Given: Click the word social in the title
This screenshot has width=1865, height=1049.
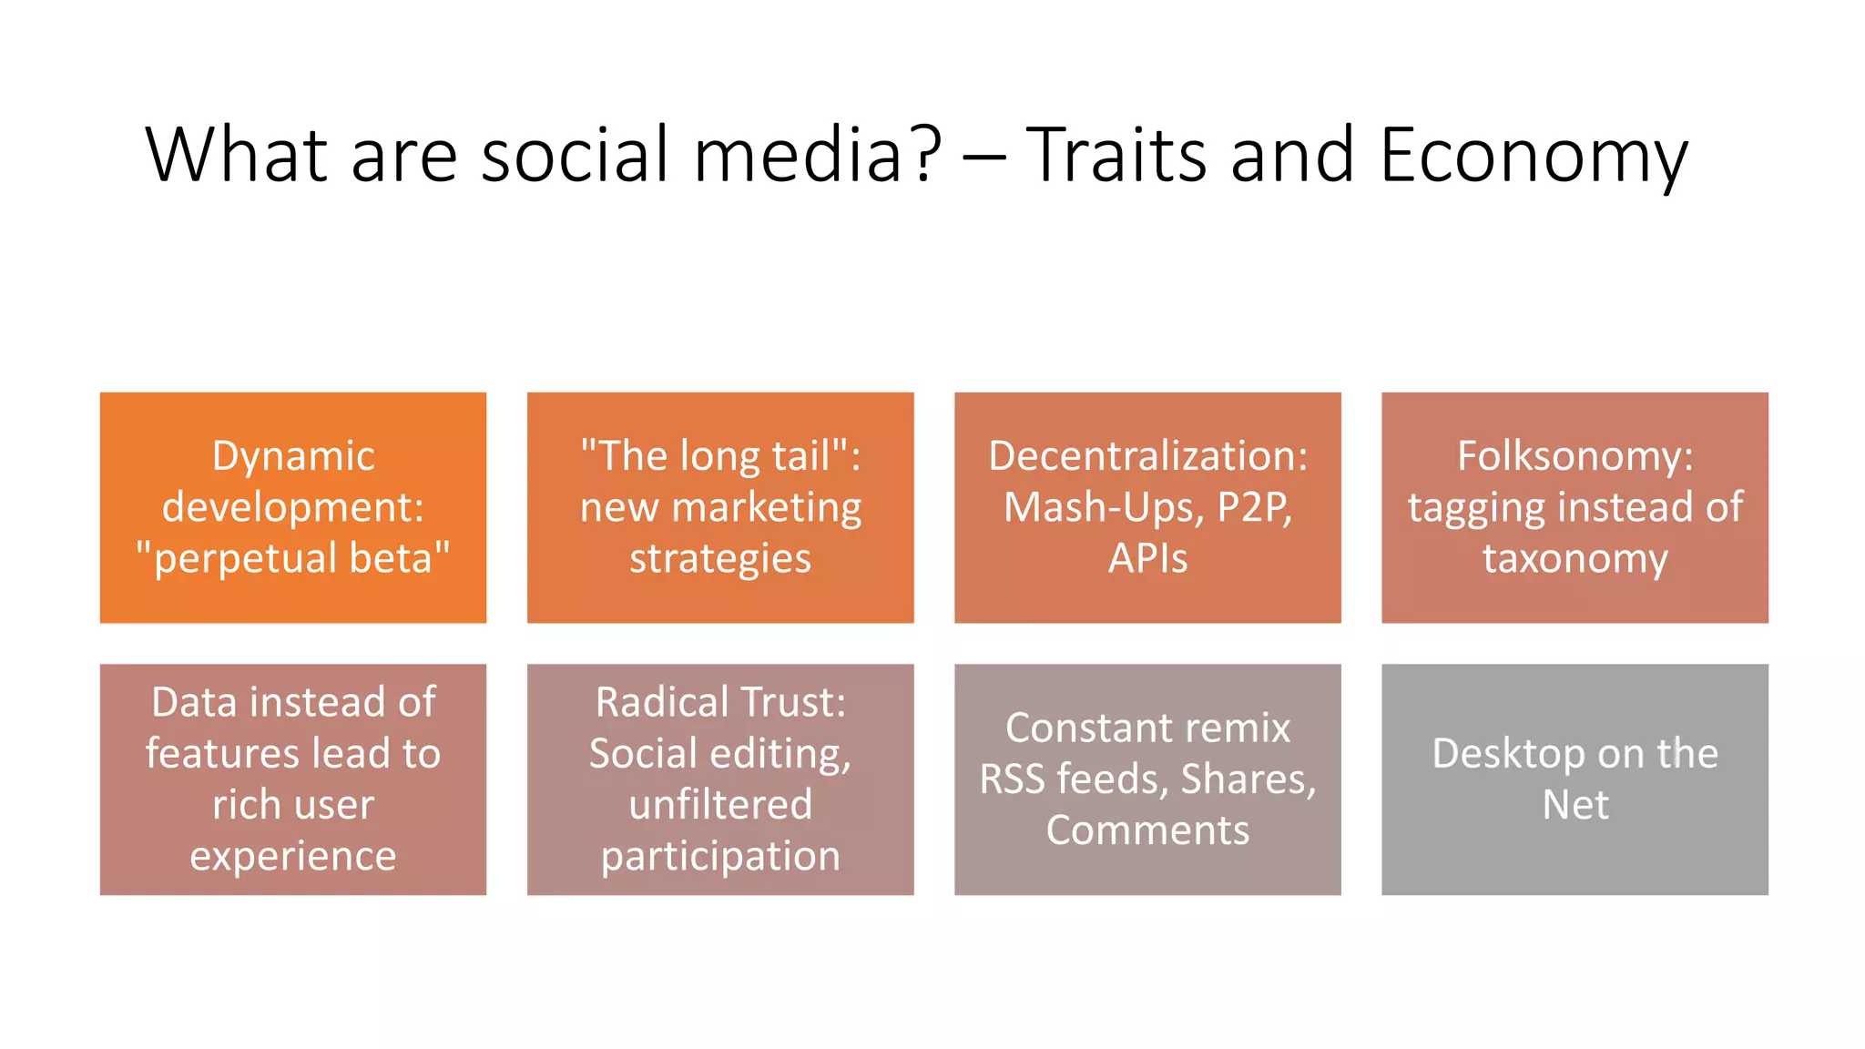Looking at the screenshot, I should click(x=575, y=155).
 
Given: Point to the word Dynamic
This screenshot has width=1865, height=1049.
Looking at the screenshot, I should click(x=293, y=456).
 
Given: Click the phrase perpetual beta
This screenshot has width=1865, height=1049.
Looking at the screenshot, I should click(x=293, y=558).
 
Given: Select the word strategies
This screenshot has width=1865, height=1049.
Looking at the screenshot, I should click(x=719, y=558).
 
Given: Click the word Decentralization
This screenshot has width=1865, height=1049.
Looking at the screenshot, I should click(x=1147, y=456).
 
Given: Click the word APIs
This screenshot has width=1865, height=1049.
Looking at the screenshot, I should click(x=1147, y=558).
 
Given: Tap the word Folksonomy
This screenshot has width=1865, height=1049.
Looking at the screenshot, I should click(x=1575, y=456).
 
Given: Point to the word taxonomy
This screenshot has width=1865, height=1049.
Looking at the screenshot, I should click(x=1575, y=558).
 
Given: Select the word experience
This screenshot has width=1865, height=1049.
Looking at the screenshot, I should click(x=293, y=856).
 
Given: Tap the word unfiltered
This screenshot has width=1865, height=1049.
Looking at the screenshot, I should click(x=719, y=805).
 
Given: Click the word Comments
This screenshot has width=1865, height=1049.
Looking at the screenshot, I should click(x=1147, y=830).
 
